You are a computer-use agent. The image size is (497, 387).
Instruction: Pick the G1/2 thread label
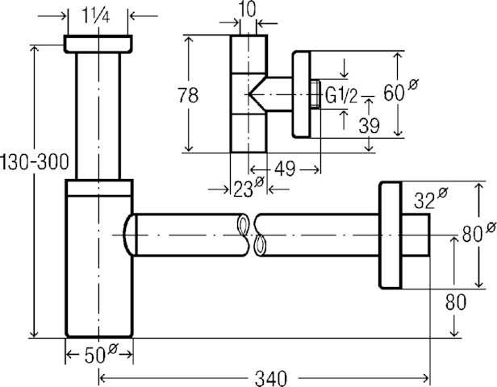click(x=343, y=97)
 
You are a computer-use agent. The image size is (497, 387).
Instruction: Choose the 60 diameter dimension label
click(x=395, y=94)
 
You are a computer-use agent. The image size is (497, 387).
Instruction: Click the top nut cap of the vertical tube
click(x=98, y=44)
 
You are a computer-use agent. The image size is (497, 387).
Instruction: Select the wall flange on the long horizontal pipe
click(x=389, y=235)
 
